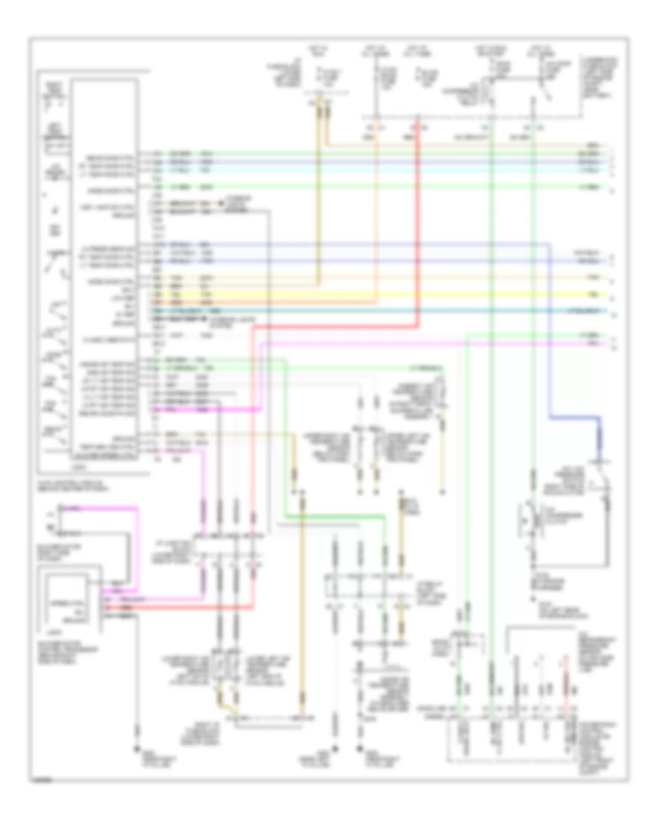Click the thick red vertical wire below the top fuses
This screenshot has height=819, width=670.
(x=418, y=223)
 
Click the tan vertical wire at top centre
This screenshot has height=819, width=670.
(x=322, y=186)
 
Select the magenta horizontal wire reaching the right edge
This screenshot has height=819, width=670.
(x=447, y=343)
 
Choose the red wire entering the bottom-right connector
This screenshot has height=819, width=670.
(x=567, y=692)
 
